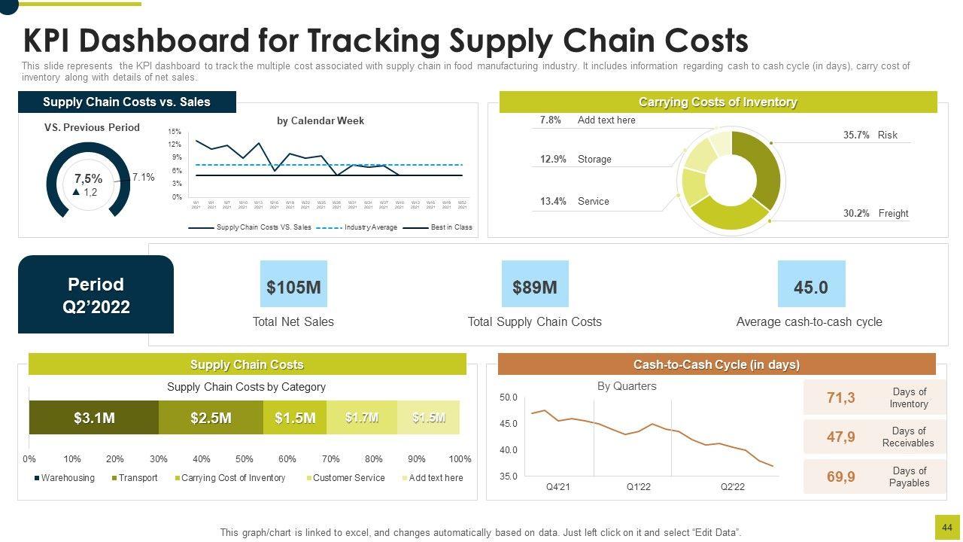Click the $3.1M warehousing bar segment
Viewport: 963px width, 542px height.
[94, 418]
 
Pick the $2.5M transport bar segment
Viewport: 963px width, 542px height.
[211, 418]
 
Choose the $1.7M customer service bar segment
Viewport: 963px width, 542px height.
[362, 418]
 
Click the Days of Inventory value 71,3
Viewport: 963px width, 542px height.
[841, 397]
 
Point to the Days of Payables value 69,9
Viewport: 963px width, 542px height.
[841, 477]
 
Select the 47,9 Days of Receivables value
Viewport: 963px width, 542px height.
[841, 437]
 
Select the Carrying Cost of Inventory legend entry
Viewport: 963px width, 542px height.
[232, 478]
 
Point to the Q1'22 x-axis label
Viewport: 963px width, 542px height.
[639, 487]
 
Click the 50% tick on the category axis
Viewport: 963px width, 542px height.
[245, 459]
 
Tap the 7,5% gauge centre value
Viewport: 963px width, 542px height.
[89, 179]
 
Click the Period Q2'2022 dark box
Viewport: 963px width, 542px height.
[96, 295]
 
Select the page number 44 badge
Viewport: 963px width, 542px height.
[946, 528]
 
